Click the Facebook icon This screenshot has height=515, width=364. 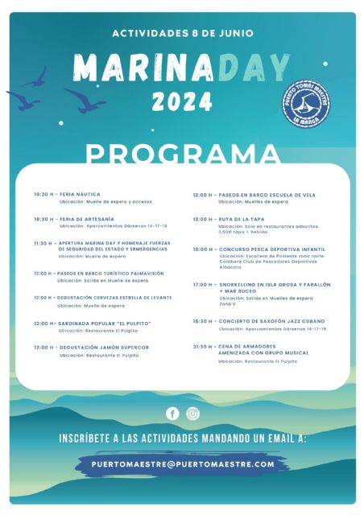click(x=172, y=414)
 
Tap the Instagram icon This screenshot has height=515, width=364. click(x=193, y=414)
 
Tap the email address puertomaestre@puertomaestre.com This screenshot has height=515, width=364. click(x=183, y=464)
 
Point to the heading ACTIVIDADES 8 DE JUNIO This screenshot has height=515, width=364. click(x=183, y=34)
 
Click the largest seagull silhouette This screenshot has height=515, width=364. click(x=83, y=101)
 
